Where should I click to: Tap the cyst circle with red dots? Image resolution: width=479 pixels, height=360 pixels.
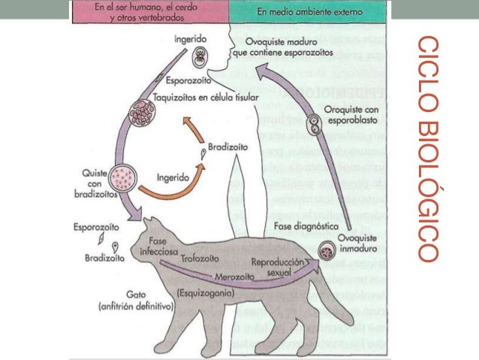click(123, 180)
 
